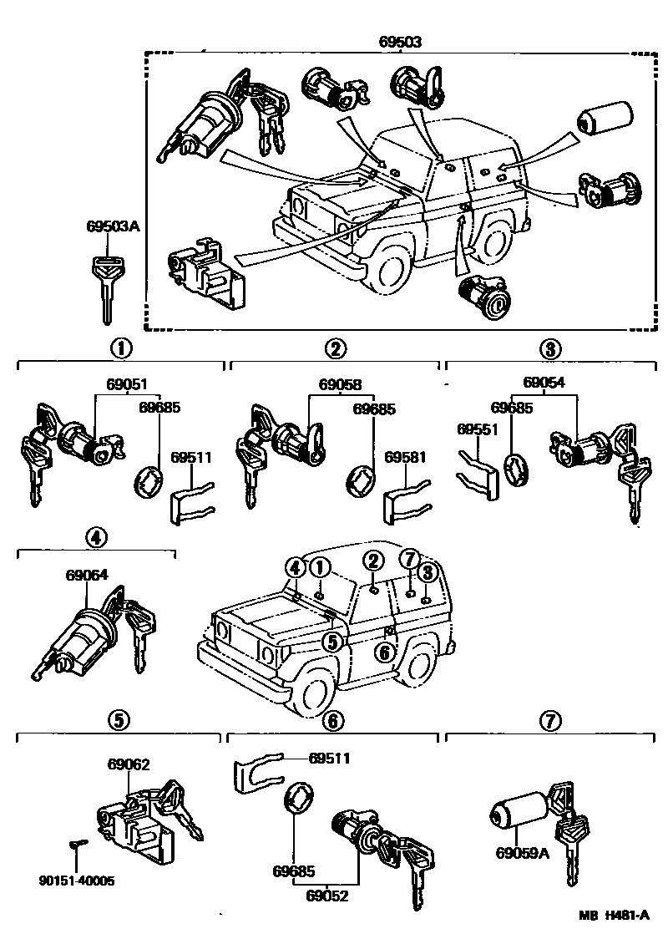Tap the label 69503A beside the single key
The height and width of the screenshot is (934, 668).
109,226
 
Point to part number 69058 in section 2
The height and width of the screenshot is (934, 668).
340,385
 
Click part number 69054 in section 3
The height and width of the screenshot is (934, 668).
544,382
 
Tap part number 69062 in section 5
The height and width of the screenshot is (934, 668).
129,764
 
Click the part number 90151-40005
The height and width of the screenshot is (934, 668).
77,881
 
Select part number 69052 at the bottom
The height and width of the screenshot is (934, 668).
326,896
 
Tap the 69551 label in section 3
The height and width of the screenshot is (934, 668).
476,429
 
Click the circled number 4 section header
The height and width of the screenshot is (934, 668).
96,539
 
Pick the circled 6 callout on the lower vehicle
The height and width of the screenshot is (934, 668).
383,652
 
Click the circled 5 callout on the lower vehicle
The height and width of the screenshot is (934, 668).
331,642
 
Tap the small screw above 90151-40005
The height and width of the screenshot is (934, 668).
77,845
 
